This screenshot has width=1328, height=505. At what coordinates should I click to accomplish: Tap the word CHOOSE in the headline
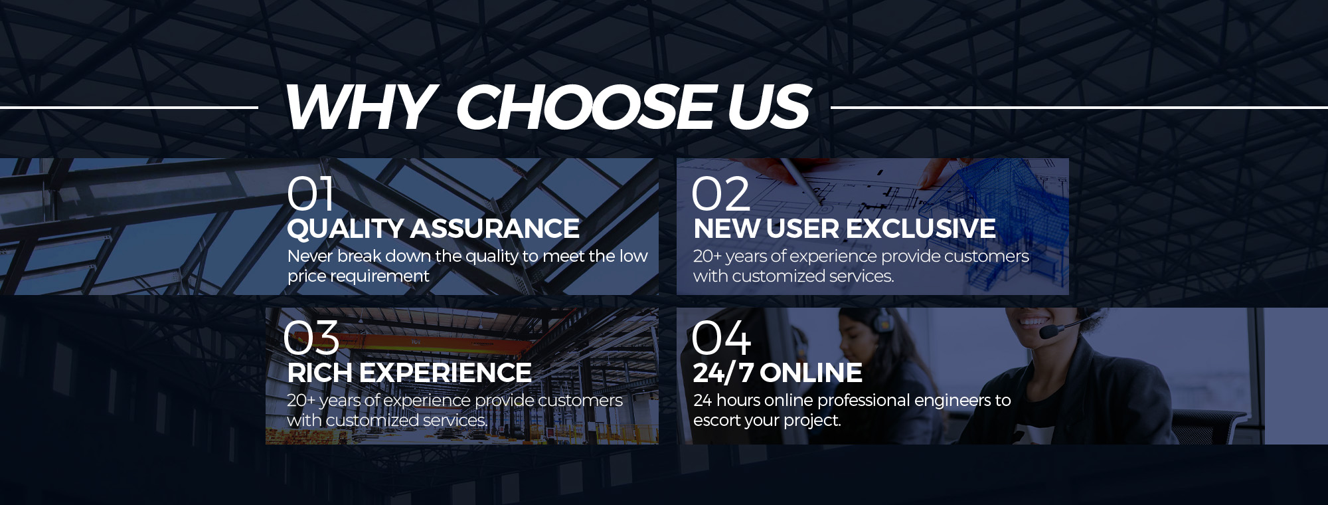click(x=587, y=107)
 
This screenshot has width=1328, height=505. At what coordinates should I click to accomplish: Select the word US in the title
click(x=768, y=107)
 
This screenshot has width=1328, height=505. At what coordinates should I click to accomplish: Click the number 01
click(x=310, y=194)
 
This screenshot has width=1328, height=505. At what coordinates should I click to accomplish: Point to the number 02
click(x=720, y=194)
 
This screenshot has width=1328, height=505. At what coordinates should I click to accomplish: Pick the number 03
click(x=311, y=338)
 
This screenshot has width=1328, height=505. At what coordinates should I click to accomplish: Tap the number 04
click(x=721, y=338)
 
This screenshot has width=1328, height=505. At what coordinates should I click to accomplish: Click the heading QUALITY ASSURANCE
click(x=433, y=229)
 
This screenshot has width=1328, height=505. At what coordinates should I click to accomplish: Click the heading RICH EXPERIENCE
click(x=409, y=373)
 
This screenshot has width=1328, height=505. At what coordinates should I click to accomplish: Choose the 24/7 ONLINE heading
click(x=778, y=373)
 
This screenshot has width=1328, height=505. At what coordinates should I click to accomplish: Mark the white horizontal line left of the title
click(x=129, y=107)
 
